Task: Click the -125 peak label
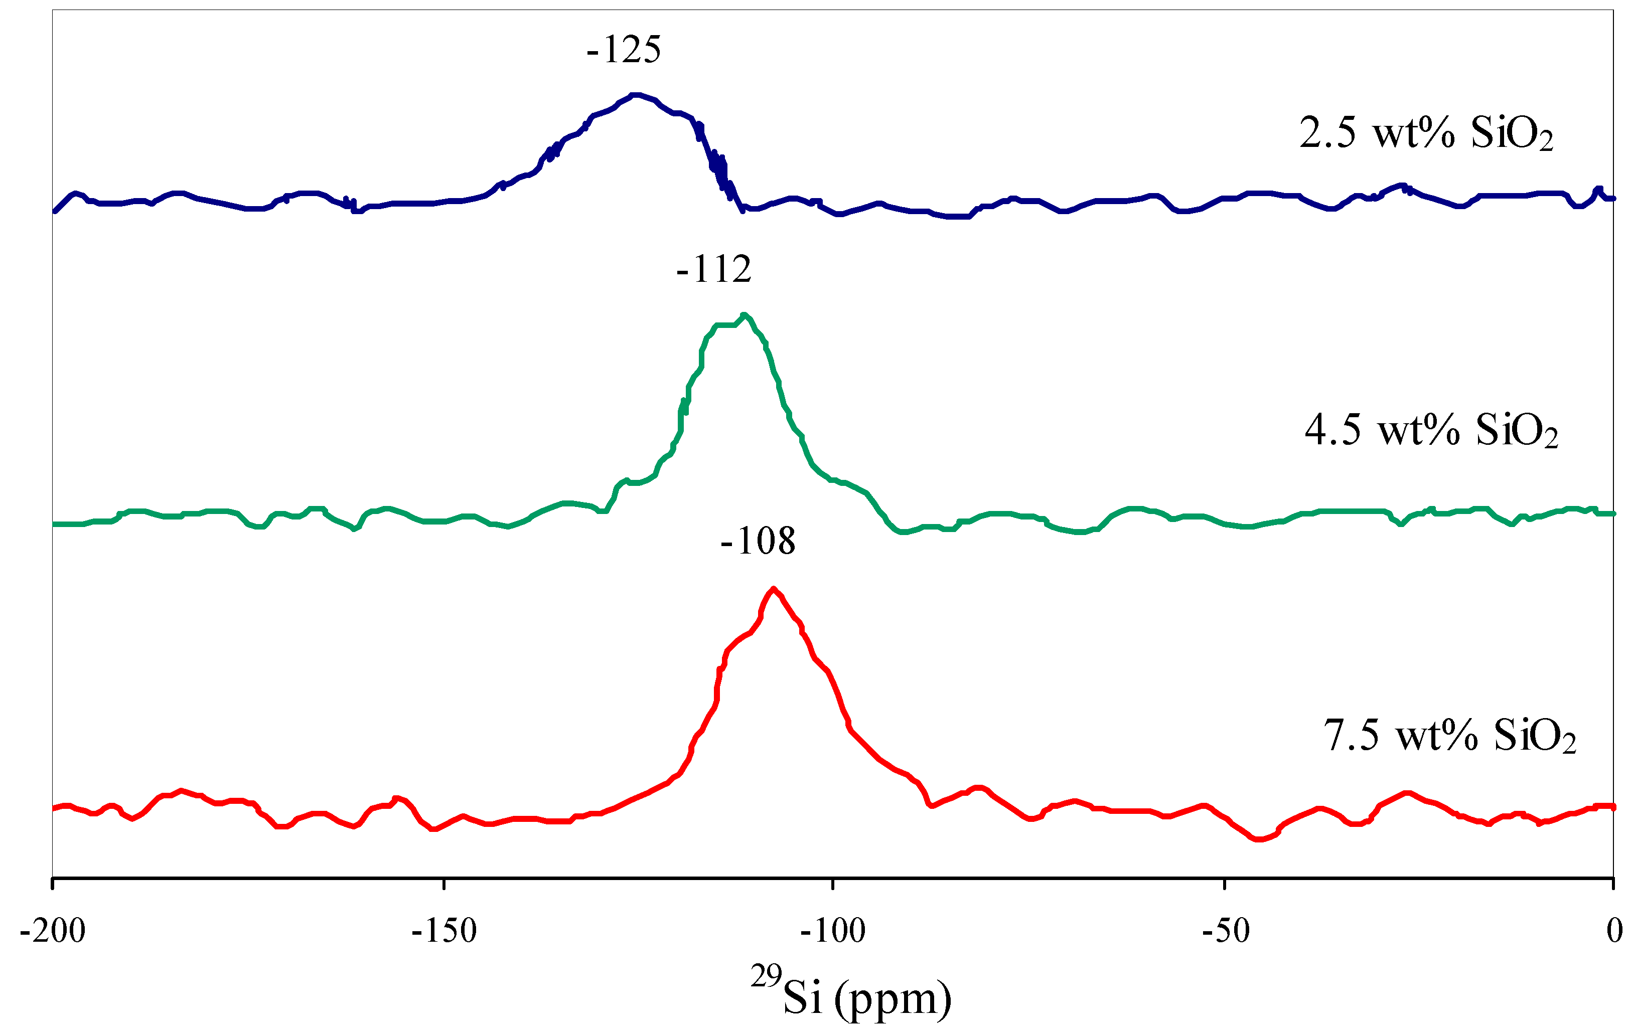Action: click(x=623, y=50)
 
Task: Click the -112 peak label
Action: click(x=714, y=269)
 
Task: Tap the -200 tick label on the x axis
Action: click(x=53, y=931)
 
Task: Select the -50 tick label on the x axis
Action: click(x=1225, y=931)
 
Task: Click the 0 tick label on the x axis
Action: click(x=1614, y=931)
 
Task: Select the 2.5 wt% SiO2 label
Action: click(x=1426, y=133)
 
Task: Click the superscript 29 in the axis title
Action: click(x=766, y=976)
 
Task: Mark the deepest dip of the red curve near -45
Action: click(x=1258, y=839)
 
